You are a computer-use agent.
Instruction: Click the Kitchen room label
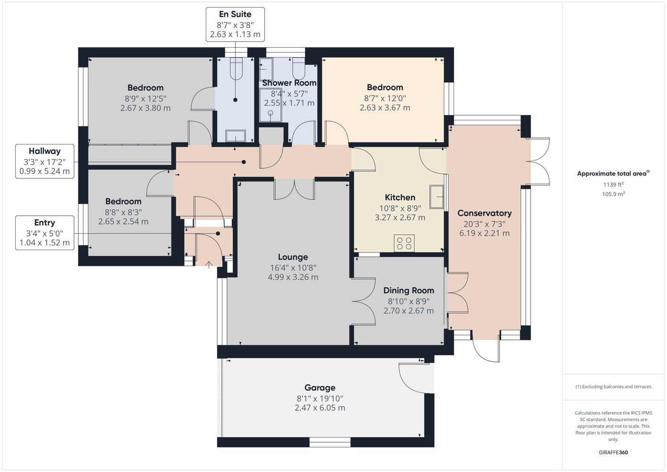tap(400, 197)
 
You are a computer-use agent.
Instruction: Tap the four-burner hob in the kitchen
tap(404, 243)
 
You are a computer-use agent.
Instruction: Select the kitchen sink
tap(437, 196)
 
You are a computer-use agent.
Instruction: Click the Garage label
tap(320, 388)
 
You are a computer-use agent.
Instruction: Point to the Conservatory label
tap(484, 213)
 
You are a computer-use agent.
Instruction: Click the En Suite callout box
tap(235, 25)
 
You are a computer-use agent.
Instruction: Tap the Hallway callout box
tap(45, 161)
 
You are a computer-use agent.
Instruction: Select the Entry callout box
tap(45, 233)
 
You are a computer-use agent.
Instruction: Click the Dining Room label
tap(408, 290)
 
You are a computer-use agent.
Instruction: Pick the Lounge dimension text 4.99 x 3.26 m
tap(293, 277)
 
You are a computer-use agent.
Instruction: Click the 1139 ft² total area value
tap(613, 185)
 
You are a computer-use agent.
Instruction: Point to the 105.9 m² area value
tap(613, 194)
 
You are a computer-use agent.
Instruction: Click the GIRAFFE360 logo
tap(613, 452)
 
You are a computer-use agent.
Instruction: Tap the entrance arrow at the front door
tap(209, 264)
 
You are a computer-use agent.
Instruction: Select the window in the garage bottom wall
tap(330, 442)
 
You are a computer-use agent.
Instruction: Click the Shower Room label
tap(289, 83)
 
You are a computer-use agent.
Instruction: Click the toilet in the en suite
tap(236, 69)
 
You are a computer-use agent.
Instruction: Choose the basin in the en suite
tap(236, 136)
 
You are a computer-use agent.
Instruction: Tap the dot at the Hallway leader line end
tap(244, 162)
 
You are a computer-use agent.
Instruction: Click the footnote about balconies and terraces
tap(613, 387)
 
